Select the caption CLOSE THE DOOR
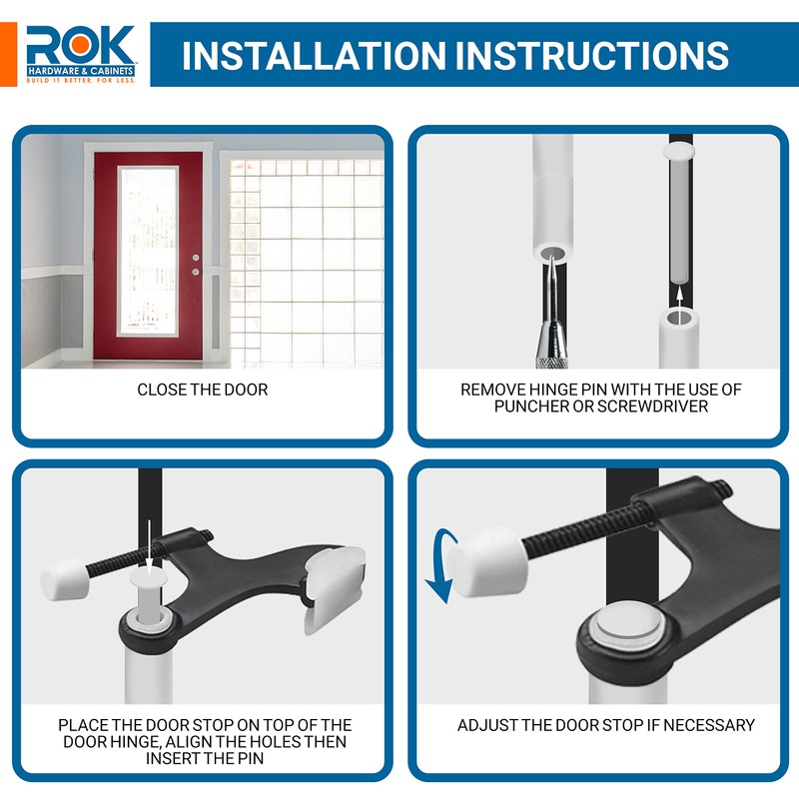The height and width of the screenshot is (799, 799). click(203, 390)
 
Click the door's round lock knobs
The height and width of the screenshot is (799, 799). click(196, 264)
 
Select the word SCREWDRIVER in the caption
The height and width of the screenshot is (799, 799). click(657, 407)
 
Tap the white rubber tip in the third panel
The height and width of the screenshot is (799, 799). click(65, 576)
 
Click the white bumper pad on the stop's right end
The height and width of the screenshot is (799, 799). click(334, 589)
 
